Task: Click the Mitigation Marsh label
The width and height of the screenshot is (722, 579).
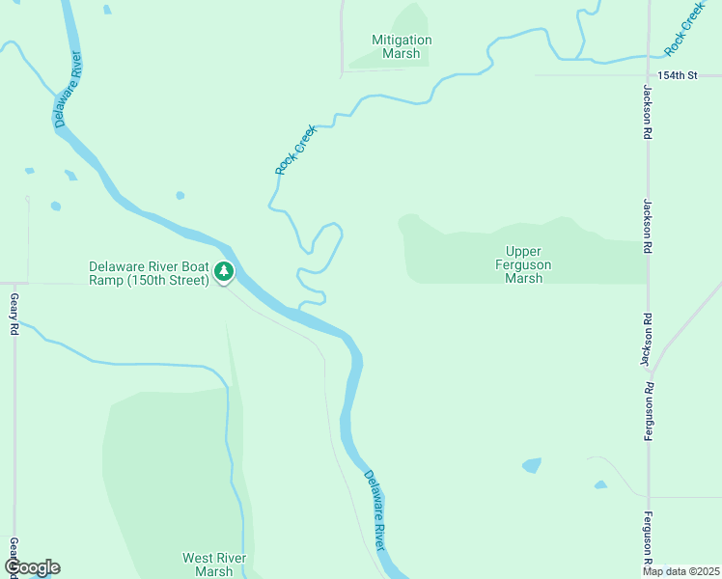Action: point(402,46)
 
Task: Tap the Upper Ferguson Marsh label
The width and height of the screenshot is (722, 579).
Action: point(524,264)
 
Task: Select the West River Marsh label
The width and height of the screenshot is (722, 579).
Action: point(214,565)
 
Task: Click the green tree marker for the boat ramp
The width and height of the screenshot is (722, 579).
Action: point(224,272)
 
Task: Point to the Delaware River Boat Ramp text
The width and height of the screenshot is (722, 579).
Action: point(149,273)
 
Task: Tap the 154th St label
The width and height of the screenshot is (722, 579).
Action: point(677,74)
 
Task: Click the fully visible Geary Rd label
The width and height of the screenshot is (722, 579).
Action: point(14,316)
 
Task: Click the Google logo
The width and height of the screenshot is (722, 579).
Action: point(32,567)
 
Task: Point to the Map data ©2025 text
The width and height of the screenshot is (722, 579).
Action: point(681,571)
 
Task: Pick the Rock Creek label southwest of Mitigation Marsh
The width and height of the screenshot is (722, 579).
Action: point(295,149)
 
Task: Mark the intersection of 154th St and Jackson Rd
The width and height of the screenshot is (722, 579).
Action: point(649,74)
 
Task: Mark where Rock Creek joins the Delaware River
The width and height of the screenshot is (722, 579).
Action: point(301,310)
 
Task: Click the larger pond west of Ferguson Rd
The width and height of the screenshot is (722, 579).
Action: point(532,465)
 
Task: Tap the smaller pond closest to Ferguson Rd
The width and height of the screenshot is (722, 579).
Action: point(600,484)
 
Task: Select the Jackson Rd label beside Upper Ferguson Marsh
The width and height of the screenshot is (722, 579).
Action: point(647,228)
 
